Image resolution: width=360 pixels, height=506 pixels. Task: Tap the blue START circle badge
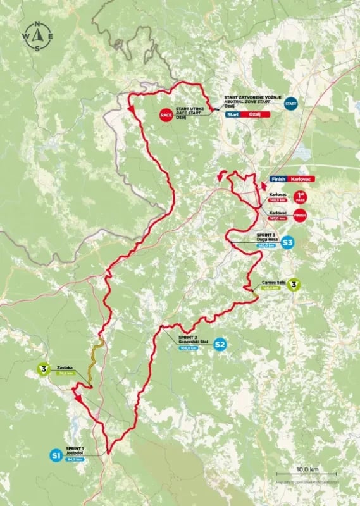tap(290, 103)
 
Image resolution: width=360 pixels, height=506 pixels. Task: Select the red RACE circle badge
tap(166, 115)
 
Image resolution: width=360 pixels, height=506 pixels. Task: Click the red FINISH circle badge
tap(301, 215)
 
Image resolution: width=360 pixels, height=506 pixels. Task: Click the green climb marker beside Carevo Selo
tap(294, 285)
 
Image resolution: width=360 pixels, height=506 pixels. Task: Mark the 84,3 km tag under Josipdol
tap(74, 459)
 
